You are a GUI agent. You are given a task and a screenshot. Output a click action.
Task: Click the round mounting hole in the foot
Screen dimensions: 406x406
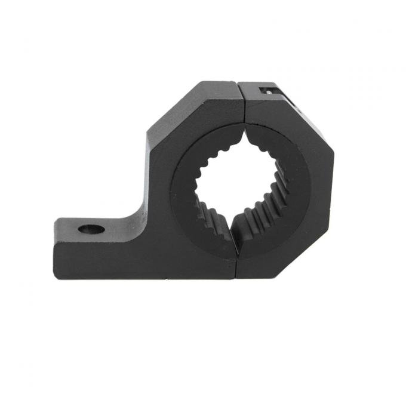pyautogui.click(x=91, y=229)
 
